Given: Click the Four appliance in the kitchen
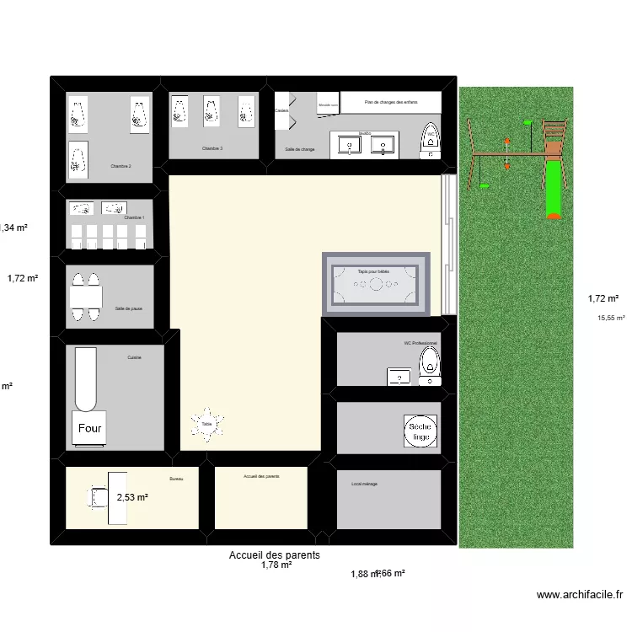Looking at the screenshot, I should [90, 428].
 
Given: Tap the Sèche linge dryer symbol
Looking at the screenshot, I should [420, 432].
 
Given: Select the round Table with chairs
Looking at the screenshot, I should [206, 423].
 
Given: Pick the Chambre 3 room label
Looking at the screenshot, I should [212, 148].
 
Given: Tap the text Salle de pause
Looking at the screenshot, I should [129, 308].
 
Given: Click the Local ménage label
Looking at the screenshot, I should [364, 484].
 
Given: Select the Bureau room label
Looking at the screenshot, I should [176, 479].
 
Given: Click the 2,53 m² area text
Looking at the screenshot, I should [132, 498].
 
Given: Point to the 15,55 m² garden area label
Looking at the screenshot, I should [611, 318].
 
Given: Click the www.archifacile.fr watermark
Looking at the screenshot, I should [581, 595].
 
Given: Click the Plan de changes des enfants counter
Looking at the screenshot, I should [391, 103].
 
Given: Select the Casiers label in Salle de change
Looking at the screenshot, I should [281, 110].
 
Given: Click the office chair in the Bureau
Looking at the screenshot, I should [94, 499].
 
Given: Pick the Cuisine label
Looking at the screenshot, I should [135, 357].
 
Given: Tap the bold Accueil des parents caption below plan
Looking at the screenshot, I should [275, 555].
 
